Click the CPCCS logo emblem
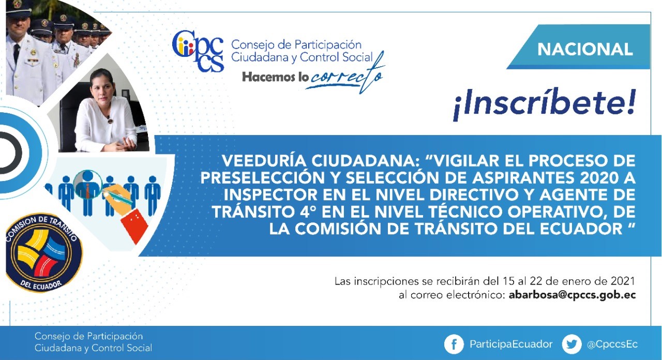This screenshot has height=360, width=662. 198,51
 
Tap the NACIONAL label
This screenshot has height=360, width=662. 585,49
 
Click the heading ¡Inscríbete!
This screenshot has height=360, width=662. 544,103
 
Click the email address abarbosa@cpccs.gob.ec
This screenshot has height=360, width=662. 572,295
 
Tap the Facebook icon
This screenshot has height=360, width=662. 454,344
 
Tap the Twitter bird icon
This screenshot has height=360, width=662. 571,344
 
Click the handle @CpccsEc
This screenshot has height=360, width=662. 612,344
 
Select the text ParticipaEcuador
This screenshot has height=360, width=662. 511,344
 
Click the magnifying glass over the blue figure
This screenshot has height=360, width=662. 87,185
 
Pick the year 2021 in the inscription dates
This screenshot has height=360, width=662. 623,281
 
